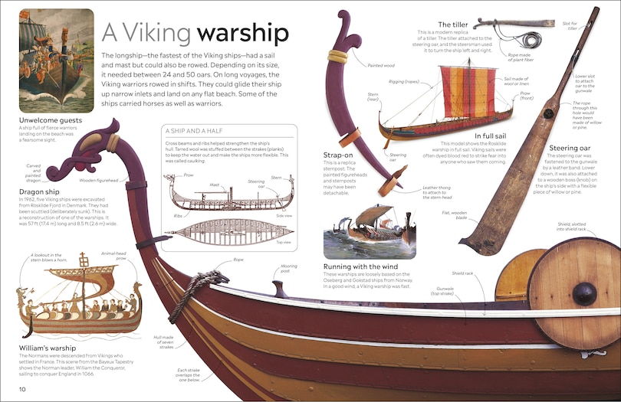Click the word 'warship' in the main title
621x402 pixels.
pyautogui.click(x=242, y=34)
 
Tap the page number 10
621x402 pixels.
pyautogui.click(x=23, y=391)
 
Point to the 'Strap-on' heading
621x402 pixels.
pyautogui.click(x=338, y=155)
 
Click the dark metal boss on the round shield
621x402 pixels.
pyautogui.click(x=585, y=293)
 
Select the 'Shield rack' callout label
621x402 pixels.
pyautogui.click(x=462, y=273)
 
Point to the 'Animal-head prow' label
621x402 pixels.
pyautogui.click(x=114, y=256)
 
